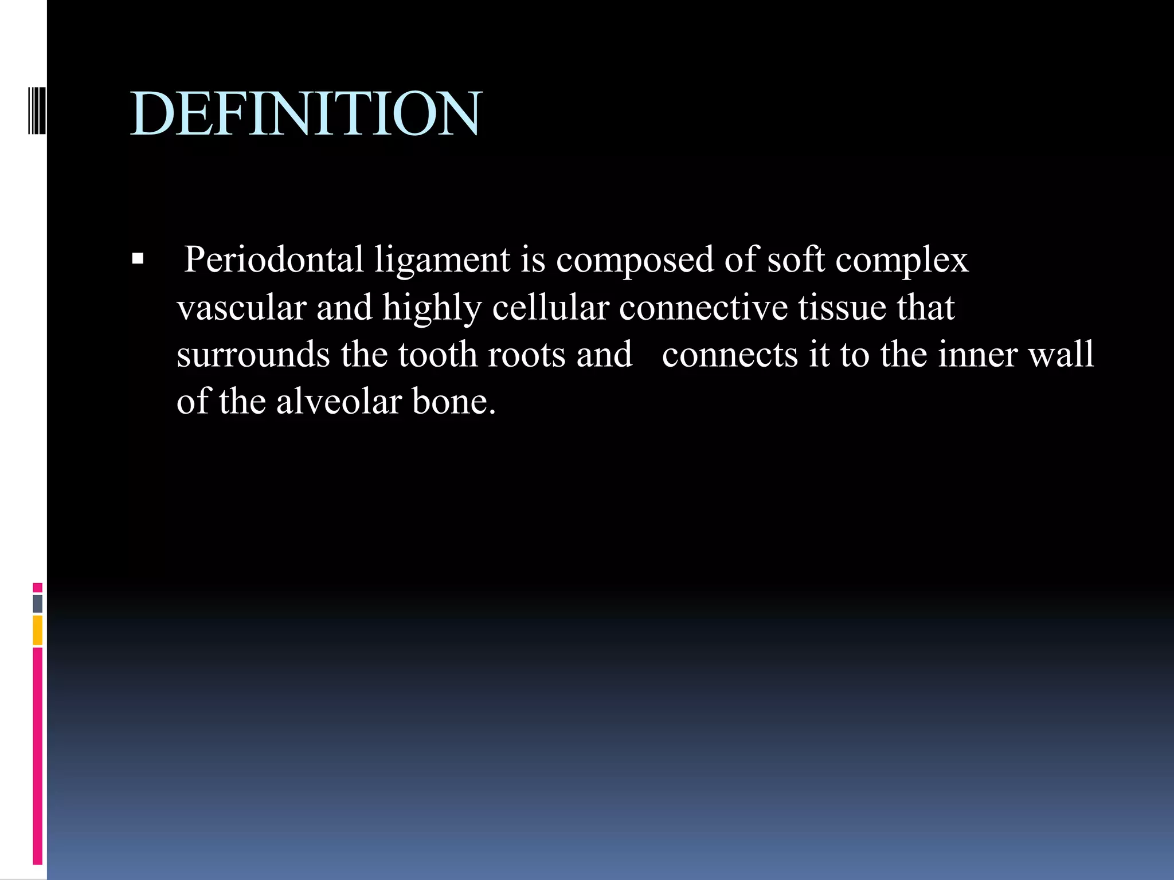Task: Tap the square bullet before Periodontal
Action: coord(137,260)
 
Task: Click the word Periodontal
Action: coord(273,260)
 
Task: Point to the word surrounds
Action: coord(253,355)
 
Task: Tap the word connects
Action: coord(729,355)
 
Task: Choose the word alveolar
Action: coord(339,402)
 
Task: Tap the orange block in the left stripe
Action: coord(37,630)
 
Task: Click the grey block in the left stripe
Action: coord(37,604)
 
